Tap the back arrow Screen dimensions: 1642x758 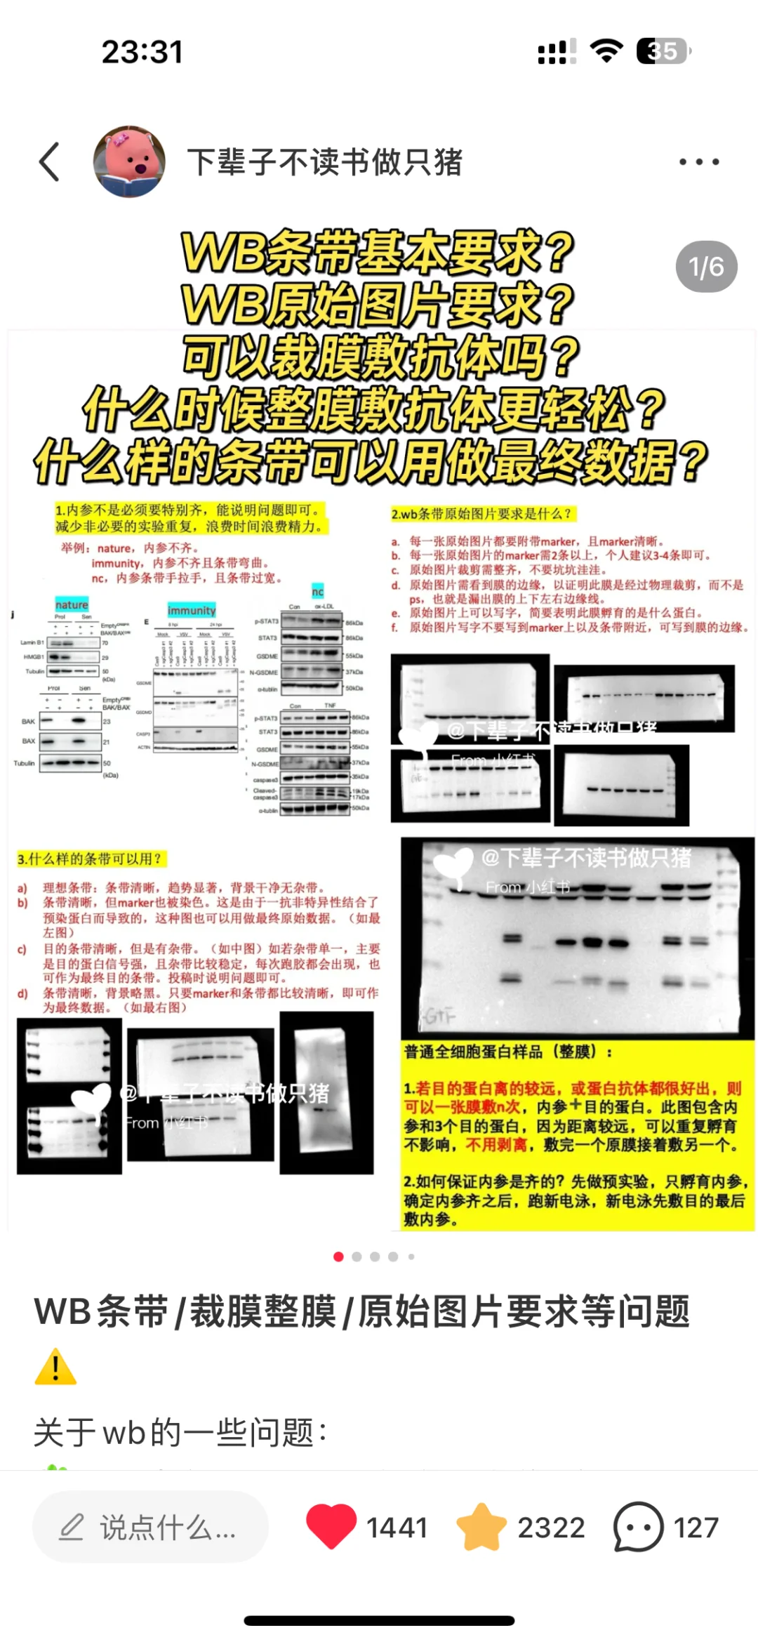pyautogui.click(x=49, y=161)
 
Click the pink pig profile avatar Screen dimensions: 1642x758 pyautogui.click(x=129, y=161)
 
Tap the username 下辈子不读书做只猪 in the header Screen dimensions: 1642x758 pyautogui.click(x=324, y=162)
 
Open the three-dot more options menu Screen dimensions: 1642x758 pyautogui.click(x=698, y=161)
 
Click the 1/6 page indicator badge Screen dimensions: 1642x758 pyautogui.click(x=706, y=267)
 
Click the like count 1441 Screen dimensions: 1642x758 pyautogui.click(x=397, y=1528)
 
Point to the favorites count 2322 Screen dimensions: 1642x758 pyautogui.click(x=551, y=1528)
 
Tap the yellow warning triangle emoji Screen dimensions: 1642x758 pyautogui.click(x=55, y=1368)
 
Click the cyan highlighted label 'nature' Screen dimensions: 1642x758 pyautogui.click(x=72, y=604)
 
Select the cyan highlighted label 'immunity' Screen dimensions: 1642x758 pyautogui.click(x=192, y=610)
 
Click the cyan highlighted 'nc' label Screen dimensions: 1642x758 pyautogui.click(x=318, y=591)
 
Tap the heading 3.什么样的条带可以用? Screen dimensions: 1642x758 pyautogui.click(x=91, y=859)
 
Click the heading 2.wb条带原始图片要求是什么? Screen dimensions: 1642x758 pyautogui.click(x=483, y=514)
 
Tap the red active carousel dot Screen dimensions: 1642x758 pyautogui.click(x=338, y=1257)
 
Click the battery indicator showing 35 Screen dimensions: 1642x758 pyautogui.click(x=663, y=51)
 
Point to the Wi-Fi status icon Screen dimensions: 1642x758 pyautogui.click(x=606, y=51)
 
